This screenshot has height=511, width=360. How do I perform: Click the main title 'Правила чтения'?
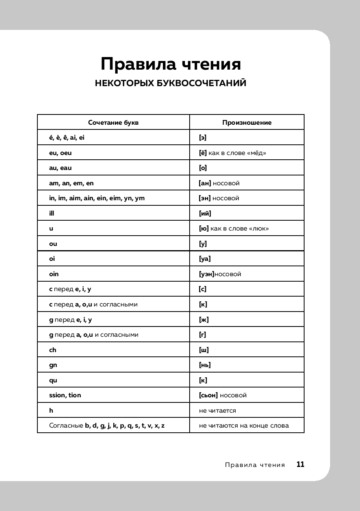point(170,64)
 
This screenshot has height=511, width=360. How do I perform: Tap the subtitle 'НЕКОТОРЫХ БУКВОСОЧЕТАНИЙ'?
point(170,83)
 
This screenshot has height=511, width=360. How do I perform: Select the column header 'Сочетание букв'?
point(113,122)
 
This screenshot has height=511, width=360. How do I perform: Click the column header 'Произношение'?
point(247,122)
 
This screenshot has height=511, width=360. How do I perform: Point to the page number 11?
point(300,464)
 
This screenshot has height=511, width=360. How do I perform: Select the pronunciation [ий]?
point(205,213)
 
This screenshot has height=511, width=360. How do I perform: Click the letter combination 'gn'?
point(53,365)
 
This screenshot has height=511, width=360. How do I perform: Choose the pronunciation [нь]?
point(205,365)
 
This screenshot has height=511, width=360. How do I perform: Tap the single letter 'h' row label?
point(51,410)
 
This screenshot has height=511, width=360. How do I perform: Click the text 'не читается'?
point(218,410)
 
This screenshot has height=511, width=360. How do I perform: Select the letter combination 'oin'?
point(54,274)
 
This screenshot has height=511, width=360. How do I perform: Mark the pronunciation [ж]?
point(204,319)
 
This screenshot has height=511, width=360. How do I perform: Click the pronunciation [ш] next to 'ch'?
point(204,350)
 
